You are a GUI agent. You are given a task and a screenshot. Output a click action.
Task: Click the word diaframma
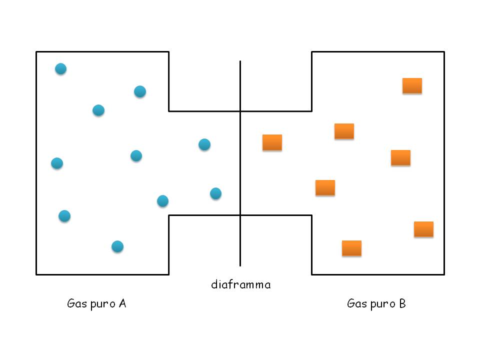pos(241,284)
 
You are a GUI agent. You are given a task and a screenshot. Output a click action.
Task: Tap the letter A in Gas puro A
pos(122,303)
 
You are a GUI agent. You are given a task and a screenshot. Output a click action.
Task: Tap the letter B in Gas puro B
pos(402,303)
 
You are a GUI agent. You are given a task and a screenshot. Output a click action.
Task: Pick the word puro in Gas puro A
pos(103,304)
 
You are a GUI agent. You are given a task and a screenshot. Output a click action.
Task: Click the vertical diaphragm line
pos(240,163)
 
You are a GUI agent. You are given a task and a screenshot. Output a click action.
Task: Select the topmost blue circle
pos(60,68)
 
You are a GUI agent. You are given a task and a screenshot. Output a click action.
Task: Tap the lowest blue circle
pos(117,246)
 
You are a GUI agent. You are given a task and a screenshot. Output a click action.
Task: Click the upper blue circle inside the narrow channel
pos(204,144)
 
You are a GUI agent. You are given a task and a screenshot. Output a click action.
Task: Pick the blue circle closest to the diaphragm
pos(216,193)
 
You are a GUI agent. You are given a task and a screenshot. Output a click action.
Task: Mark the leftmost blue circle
pos(57,163)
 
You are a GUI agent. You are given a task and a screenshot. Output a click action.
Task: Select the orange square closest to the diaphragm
pos(272,142)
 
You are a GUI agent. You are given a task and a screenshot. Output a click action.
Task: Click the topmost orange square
pos(412,85)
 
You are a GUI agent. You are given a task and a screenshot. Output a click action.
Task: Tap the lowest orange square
pos(351,248)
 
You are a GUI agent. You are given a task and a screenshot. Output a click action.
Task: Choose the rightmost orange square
pos(423,229)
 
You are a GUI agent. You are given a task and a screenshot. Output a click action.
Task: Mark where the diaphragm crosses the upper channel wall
pos(240,111)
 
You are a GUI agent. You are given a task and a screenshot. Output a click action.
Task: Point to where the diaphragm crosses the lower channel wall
pos(240,215)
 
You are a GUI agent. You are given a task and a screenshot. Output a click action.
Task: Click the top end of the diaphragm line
pos(240,61)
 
